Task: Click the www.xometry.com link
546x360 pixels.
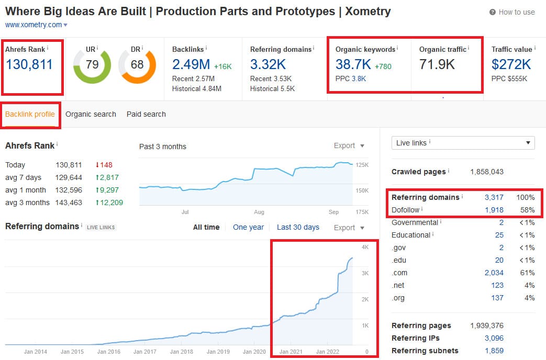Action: (x=34, y=25)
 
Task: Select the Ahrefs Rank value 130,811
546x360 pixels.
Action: (x=29, y=64)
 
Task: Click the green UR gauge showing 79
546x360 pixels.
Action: (x=92, y=65)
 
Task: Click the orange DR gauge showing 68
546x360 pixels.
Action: (x=137, y=65)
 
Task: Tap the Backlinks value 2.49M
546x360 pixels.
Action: (x=191, y=64)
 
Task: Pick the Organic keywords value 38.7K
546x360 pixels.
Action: (x=353, y=64)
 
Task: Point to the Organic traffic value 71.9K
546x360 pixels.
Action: (x=437, y=64)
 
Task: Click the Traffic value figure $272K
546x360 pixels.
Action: (x=511, y=64)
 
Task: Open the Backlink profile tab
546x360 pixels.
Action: (x=30, y=114)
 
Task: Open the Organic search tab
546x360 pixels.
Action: (x=91, y=114)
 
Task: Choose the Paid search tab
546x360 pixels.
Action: (x=146, y=114)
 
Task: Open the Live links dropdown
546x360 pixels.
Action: (x=463, y=143)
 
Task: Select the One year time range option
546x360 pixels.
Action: (x=248, y=227)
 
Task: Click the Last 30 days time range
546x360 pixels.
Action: (x=298, y=227)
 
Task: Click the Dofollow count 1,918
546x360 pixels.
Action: (x=494, y=210)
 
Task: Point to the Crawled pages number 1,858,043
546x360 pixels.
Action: (x=487, y=172)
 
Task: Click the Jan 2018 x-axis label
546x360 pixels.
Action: (x=182, y=352)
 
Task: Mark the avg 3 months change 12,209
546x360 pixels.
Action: (x=109, y=203)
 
